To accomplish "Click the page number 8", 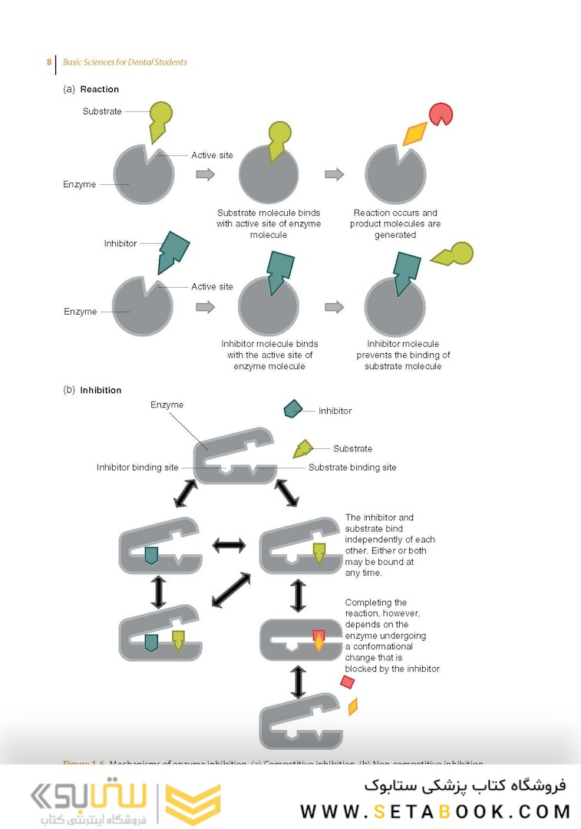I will coord(49,62).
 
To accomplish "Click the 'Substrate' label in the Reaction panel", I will coord(102,111).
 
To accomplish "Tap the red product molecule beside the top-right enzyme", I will coord(441,114).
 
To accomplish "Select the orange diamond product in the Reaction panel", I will coord(414,134).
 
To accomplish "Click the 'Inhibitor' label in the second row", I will coord(120,243).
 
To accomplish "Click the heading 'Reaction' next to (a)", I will coord(100,89).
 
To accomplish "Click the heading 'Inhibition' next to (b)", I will coord(101,390).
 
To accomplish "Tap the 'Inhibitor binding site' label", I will coord(137,467).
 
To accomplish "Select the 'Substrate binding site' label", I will coord(352,467).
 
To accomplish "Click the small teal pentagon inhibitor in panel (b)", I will coord(292,408).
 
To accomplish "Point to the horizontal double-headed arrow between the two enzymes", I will coord(229,545).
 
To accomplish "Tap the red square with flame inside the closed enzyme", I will coord(319,639).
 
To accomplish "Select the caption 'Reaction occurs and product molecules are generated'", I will coord(395,224).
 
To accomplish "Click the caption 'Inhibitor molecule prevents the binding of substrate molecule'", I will coord(403,355).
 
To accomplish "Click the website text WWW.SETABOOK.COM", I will coord(435,811).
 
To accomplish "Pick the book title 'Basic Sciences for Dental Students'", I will coord(125,62).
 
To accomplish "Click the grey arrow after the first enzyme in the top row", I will coord(205,174).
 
